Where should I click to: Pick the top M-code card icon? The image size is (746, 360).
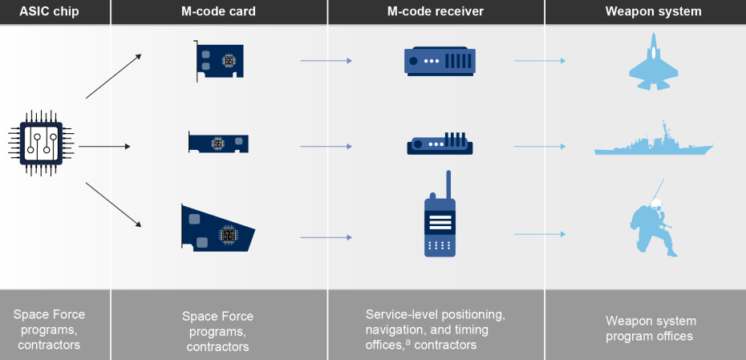(x=219, y=60)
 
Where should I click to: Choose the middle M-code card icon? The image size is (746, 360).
(x=218, y=143)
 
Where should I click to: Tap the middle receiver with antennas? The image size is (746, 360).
(x=440, y=145)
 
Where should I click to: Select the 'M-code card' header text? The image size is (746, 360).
(x=218, y=11)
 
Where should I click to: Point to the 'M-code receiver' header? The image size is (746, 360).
(x=436, y=11)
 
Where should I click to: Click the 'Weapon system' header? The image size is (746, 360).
(x=653, y=11)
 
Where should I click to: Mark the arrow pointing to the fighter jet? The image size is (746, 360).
(x=541, y=61)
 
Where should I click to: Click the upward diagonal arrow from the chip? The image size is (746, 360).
(x=113, y=76)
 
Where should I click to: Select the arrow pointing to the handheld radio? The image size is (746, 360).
(x=326, y=237)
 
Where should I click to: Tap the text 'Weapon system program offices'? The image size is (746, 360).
(x=649, y=329)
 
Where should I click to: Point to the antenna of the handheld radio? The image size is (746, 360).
(x=448, y=183)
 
